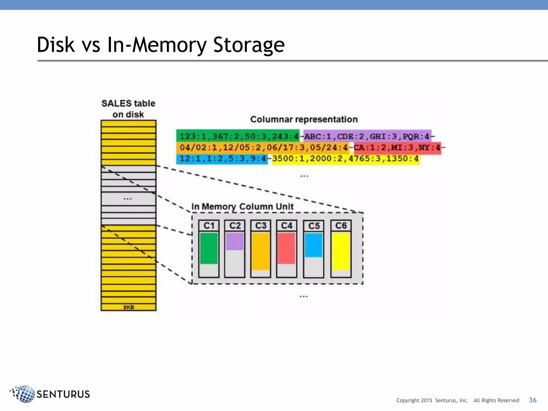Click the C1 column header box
click(209, 226)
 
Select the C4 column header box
click(286, 226)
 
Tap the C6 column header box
click(341, 226)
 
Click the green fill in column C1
click(209, 248)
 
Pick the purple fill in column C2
click(235, 241)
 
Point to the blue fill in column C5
click(314, 245)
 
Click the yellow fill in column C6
click(341, 251)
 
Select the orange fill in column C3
click(261, 251)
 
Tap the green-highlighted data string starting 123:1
click(238, 136)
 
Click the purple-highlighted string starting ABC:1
click(367, 136)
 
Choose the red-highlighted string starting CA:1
click(397, 148)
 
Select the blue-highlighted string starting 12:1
click(222, 159)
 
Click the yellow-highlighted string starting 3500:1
click(345, 159)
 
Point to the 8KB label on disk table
click(129, 307)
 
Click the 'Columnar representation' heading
click(304, 119)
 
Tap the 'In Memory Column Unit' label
click(242, 207)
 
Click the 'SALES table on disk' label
click(128, 109)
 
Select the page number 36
click(532, 400)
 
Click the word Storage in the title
click(249, 45)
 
